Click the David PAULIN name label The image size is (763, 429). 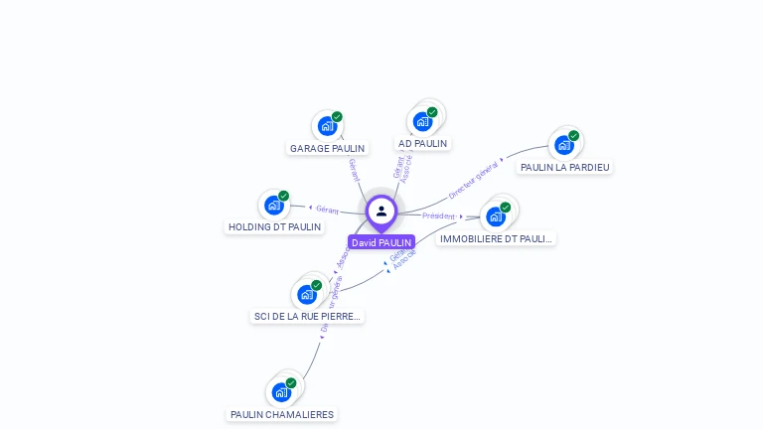(381, 242)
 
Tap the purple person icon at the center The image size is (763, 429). (381, 212)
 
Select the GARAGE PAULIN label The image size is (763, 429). (327, 149)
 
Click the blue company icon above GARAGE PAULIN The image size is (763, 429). (327, 126)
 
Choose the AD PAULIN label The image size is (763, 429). (422, 143)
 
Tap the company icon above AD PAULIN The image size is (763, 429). (422, 121)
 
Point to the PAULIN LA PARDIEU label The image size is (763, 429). (564, 167)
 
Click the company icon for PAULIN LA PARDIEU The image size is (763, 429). (563, 145)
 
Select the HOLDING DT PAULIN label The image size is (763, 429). (275, 226)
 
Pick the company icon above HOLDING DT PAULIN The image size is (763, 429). (273, 205)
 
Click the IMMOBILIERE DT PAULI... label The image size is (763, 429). (496, 238)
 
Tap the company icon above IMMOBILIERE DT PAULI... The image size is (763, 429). (496, 215)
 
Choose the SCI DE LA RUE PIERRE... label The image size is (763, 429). (307, 316)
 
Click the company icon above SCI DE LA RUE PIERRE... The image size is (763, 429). (306, 294)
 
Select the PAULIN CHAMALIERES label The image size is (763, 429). (282, 414)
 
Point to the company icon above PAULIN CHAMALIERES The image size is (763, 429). (281, 392)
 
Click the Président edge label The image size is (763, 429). (438, 215)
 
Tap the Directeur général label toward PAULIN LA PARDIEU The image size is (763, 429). (473, 181)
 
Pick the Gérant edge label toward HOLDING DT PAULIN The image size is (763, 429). (327, 210)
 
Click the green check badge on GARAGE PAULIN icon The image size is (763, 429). (337, 117)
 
